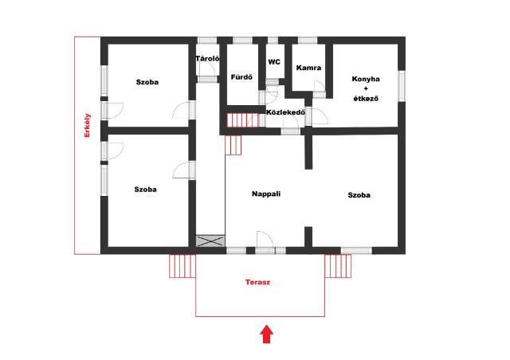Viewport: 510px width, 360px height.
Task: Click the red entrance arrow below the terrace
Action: (x=267, y=334)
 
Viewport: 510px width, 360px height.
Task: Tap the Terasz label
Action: (x=257, y=282)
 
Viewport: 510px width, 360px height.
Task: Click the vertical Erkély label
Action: (x=87, y=125)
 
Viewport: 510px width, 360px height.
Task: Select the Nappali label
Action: (x=266, y=194)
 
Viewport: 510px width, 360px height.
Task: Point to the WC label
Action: (x=274, y=62)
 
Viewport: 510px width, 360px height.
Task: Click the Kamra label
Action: (x=308, y=68)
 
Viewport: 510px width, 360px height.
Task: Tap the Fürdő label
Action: (x=241, y=77)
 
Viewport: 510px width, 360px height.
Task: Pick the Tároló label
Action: (x=207, y=58)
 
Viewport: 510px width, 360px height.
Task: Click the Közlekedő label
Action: (x=285, y=112)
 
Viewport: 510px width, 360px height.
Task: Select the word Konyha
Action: (x=366, y=79)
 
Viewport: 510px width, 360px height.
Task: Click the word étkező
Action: (x=366, y=98)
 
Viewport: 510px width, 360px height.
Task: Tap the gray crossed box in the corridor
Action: (x=210, y=241)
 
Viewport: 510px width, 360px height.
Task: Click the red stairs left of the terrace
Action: (x=182, y=266)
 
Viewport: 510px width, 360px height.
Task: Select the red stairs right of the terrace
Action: (x=338, y=266)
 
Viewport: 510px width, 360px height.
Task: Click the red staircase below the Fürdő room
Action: (x=242, y=120)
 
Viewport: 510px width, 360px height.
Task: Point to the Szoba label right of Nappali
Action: (x=359, y=195)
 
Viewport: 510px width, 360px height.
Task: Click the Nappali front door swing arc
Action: (x=269, y=236)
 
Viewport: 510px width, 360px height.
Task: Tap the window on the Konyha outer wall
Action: (x=402, y=86)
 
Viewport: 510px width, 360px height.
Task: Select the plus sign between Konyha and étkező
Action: (x=366, y=88)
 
